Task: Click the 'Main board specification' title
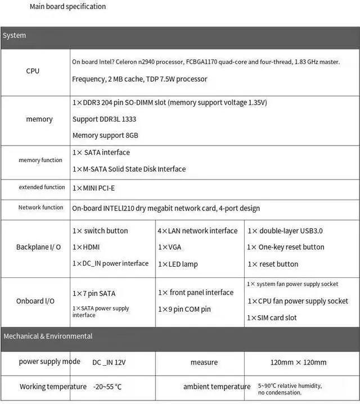(x=67, y=7)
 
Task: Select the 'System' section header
(x=15, y=35)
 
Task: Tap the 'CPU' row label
(x=33, y=71)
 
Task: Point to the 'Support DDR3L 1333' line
(x=104, y=119)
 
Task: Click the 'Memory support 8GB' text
(x=105, y=136)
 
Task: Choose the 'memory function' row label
(x=40, y=160)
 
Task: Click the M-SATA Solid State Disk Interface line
(x=129, y=169)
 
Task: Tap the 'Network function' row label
(x=40, y=208)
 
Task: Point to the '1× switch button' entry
(x=100, y=231)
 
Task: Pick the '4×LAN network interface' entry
(x=197, y=231)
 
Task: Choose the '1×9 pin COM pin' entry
(x=184, y=309)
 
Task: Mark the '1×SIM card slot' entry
(x=272, y=318)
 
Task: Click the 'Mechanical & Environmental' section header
(x=48, y=336)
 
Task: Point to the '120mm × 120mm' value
(x=298, y=362)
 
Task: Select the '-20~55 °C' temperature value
(x=107, y=387)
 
